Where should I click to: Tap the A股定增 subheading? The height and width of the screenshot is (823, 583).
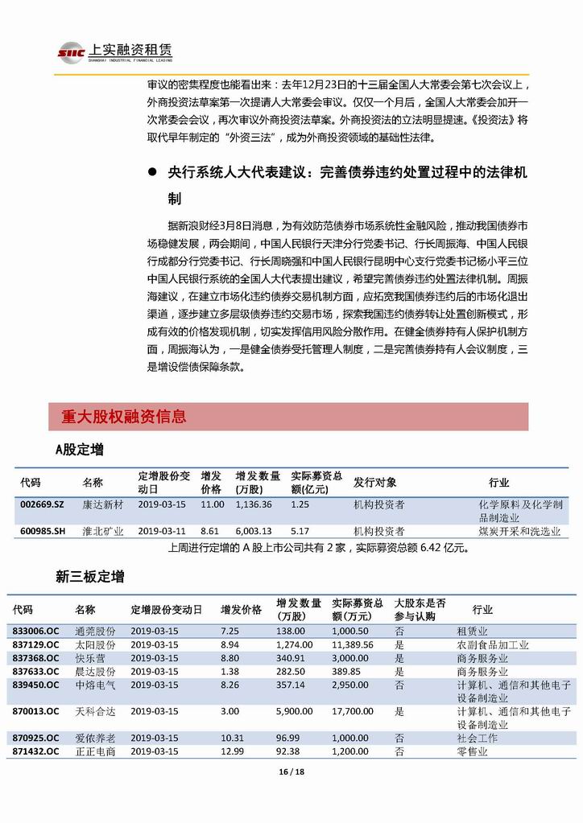pyautogui.click(x=79, y=450)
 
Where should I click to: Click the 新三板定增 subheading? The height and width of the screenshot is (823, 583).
pyautogui.click(x=89, y=577)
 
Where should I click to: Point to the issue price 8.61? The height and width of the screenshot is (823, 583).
pyautogui.click(x=209, y=531)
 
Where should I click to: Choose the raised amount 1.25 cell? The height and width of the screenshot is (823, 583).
pyautogui.click(x=300, y=504)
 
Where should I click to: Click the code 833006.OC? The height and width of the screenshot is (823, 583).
pyautogui.click(x=36, y=632)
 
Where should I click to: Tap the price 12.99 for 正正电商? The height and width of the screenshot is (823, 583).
pyautogui.click(x=232, y=751)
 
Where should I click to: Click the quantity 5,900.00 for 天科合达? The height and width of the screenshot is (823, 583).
pyautogui.click(x=294, y=711)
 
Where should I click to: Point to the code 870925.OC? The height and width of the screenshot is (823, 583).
pyautogui.click(x=36, y=738)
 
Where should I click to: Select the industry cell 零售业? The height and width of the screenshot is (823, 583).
pyautogui.click(x=473, y=751)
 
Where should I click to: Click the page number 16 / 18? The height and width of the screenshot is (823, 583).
pyautogui.click(x=291, y=772)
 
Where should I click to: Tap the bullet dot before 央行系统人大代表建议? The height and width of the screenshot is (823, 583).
pyautogui.click(x=152, y=172)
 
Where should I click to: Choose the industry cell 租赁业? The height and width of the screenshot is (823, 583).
pyautogui.click(x=473, y=632)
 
